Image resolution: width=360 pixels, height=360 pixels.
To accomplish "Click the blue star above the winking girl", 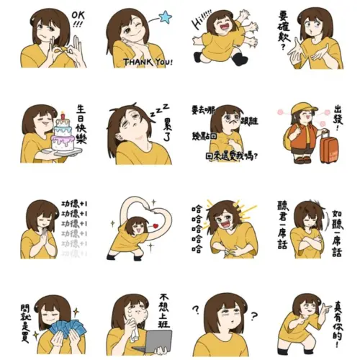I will coord(164,16).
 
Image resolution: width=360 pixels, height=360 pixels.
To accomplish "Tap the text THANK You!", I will coord(148,62).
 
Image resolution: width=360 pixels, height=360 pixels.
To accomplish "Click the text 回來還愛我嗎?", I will coord(232,154).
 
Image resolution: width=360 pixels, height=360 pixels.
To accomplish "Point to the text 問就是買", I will coord(24,321).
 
